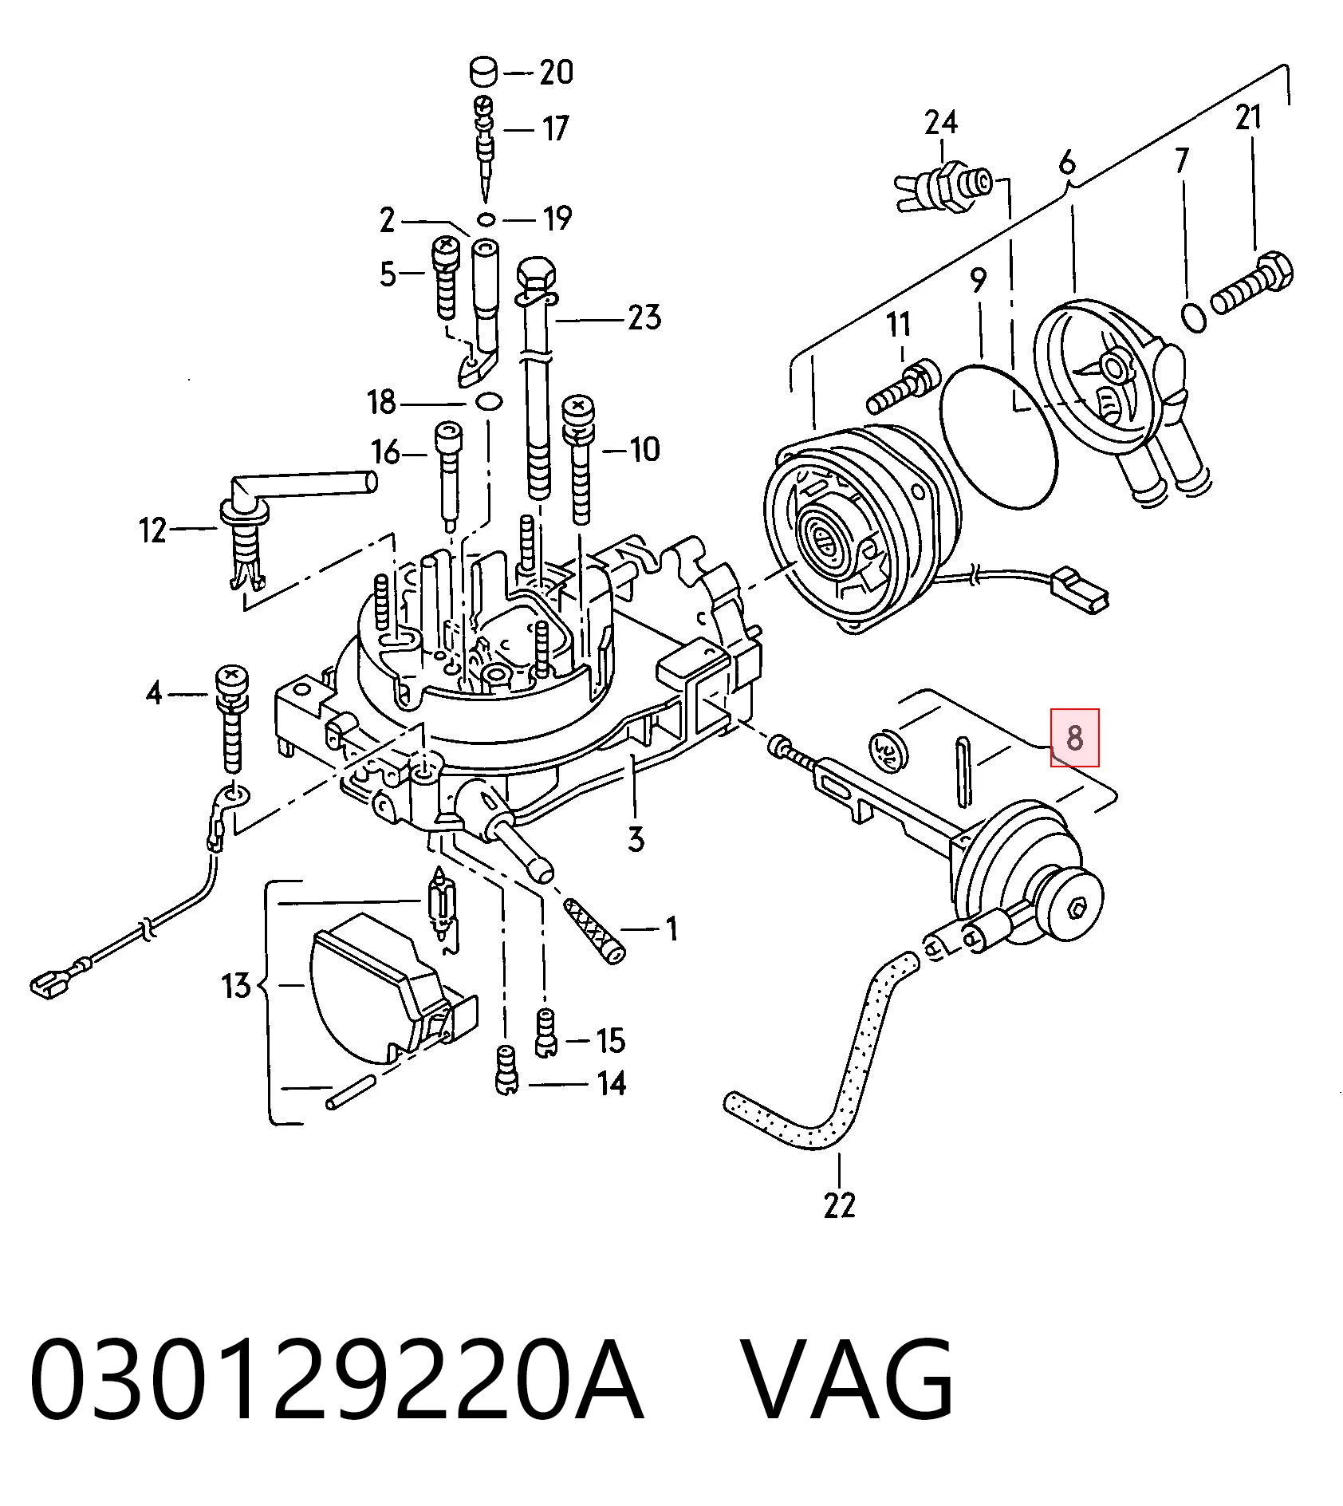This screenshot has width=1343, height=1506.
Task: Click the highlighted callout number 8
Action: pyautogui.click(x=1074, y=738)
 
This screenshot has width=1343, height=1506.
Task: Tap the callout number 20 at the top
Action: pyautogui.click(x=557, y=73)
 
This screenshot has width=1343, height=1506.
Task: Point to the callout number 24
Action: pyautogui.click(x=940, y=123)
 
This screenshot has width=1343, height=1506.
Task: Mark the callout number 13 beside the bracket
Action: pyautogui.click(x=236, y=987)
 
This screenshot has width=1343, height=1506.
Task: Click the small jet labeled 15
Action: pyautogui.click(x=545, y=1033)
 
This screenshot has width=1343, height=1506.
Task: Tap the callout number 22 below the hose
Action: pyautogui.click(x=839, y=1204)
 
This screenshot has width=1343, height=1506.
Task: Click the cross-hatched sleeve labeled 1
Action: pyautogui.click(x=595, y=930)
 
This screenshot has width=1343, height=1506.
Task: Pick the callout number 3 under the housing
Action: pyautogui.click(x=636, y=838)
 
